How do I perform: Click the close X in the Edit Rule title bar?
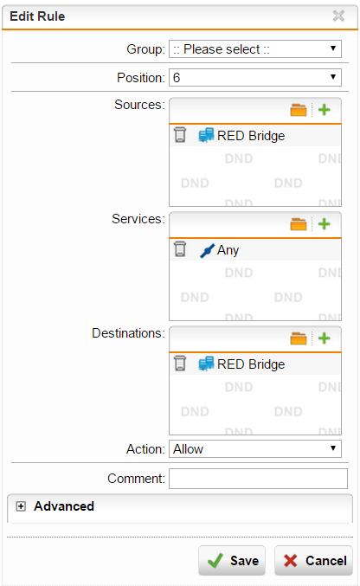338,16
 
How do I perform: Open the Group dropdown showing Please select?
255,49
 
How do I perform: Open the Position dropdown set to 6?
255,77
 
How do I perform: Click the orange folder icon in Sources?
299,110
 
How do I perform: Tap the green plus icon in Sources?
325,110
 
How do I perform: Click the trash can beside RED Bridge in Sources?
180,135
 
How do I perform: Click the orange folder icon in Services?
299,224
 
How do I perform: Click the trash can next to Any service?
180,249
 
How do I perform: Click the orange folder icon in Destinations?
299,338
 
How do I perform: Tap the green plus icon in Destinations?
325,338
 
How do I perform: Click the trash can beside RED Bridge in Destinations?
180,364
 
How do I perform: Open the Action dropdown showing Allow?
255,449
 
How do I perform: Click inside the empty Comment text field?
258,479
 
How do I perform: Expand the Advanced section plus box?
21,506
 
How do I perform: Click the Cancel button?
313,561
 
